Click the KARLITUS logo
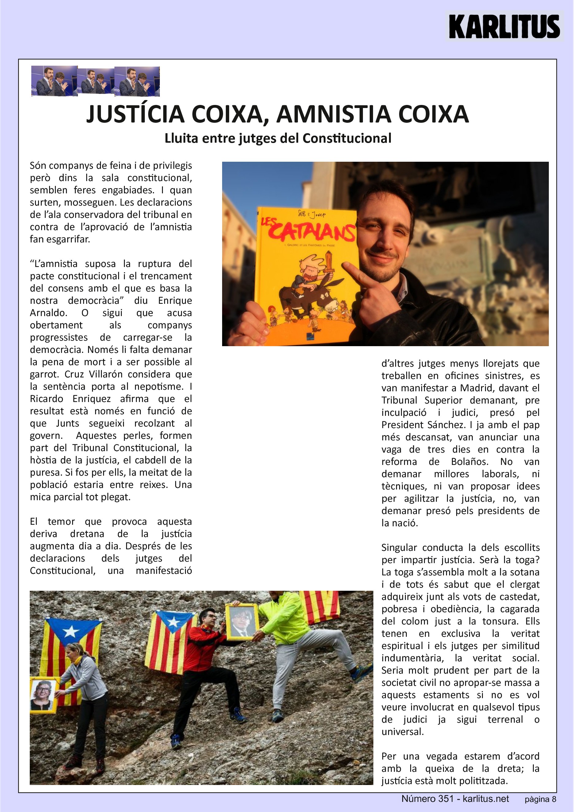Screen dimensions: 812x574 tap(504, 26)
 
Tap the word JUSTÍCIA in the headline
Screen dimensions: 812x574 tap(135, 114)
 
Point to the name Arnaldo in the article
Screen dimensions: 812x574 tap(48, 313)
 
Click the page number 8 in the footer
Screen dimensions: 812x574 tap(554, 799)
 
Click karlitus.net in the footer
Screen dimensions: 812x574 tap(486, 798)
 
